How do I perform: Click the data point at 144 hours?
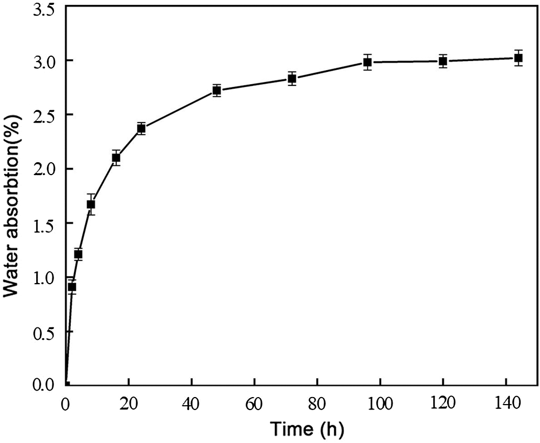(x=518, y=58)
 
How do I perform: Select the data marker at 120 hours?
(x=443, y=61)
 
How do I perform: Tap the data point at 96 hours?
(x=367, y=62)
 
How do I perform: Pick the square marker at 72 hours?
(x=292, y=79)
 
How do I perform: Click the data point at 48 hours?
(x=217, y=90)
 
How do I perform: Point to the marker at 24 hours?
(x=141, y=129)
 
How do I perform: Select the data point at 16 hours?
(x=116, y=158)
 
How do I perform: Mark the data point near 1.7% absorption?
(x=91, y=204)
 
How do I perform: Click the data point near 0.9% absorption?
(x=72, y=287)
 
